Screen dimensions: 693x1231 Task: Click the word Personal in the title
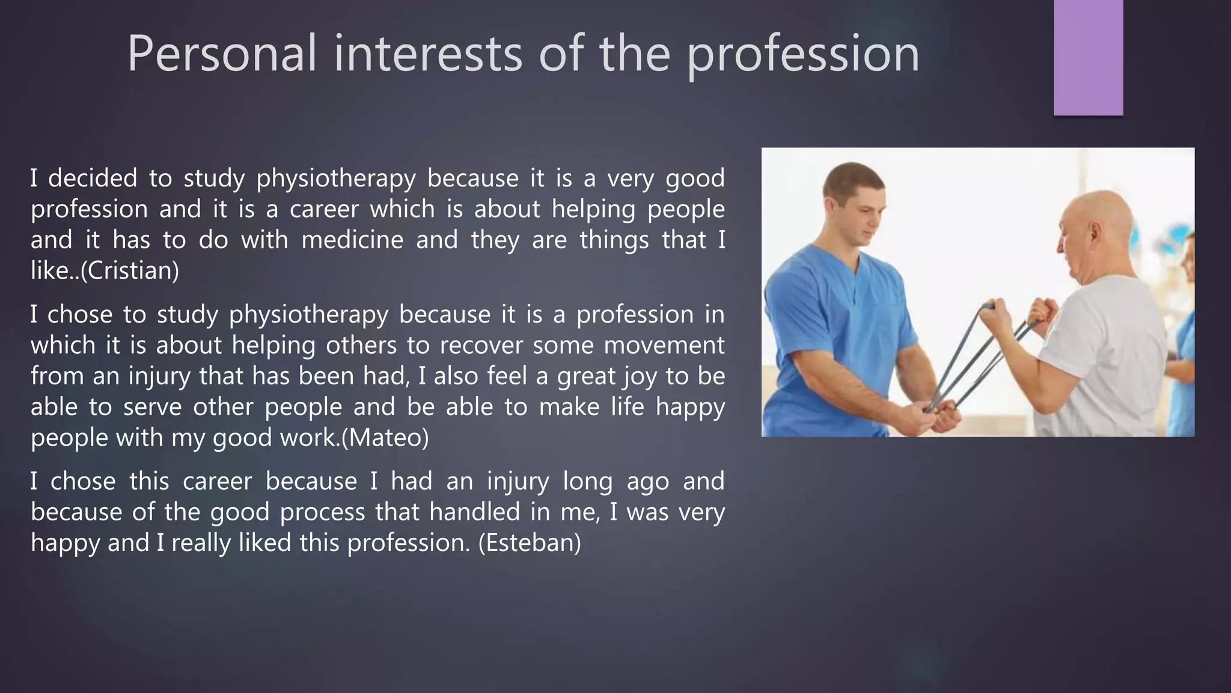221,54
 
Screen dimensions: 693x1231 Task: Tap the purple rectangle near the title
1088,57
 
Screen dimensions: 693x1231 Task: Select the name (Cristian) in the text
130,271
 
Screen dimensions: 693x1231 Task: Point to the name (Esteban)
530,543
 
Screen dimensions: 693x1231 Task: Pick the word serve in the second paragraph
152,407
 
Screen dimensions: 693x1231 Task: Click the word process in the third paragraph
322,512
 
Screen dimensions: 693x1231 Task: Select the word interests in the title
427,54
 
